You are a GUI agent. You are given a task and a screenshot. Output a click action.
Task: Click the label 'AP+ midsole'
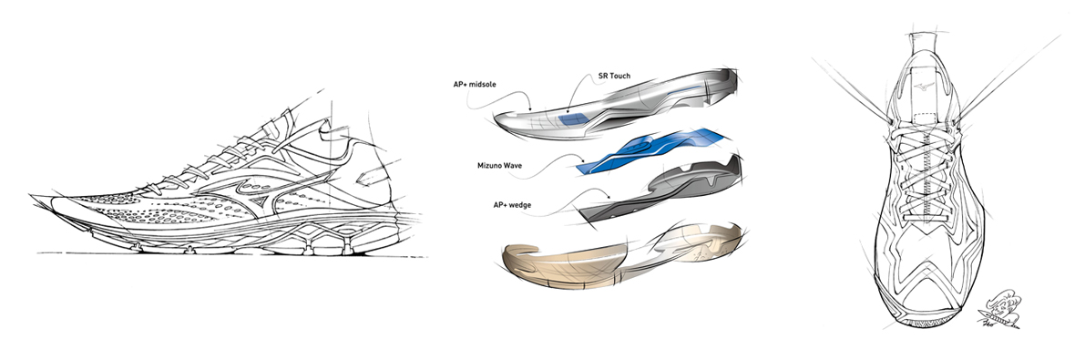[476, 85]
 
